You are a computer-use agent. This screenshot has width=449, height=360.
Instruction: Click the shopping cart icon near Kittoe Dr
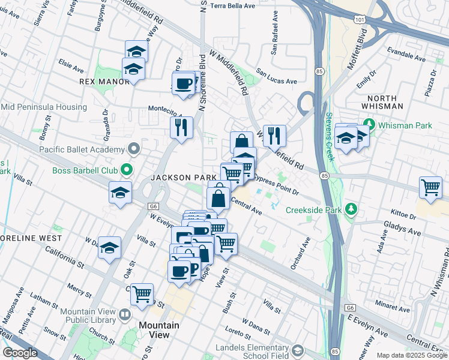click(431, 187)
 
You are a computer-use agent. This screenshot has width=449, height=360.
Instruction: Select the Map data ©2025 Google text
click(412, 355)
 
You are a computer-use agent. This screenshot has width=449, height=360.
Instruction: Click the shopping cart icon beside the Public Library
click(142, 294)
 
